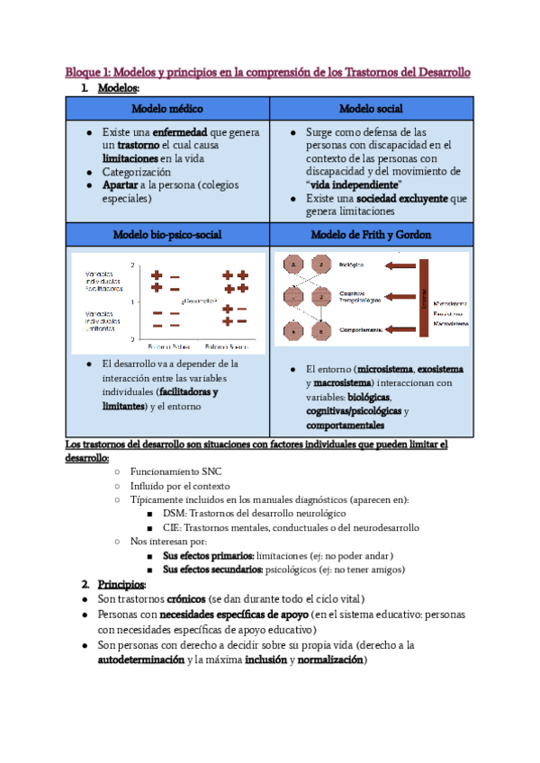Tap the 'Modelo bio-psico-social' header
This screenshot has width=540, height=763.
coord(167,234)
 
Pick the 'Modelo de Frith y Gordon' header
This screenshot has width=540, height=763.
coord(370,234)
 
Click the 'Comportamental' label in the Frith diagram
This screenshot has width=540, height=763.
coord(360,330)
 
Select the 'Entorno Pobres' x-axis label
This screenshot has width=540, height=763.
coord(168,346)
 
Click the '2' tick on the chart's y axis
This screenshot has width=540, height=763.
coord(132,265)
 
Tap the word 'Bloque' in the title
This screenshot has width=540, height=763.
coord(84,72)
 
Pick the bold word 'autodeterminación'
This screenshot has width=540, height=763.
coord(140,660)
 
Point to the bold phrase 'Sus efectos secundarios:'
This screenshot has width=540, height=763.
coord(213,570)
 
